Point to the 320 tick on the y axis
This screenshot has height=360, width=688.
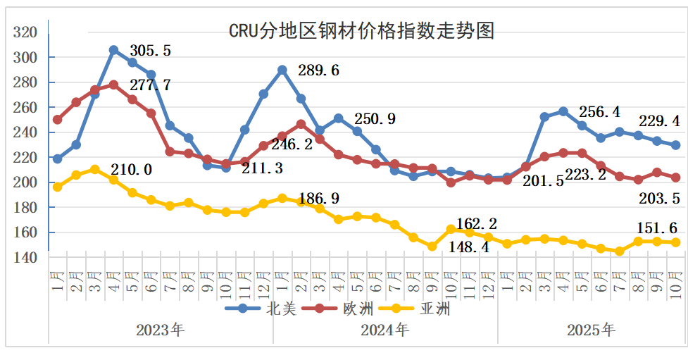tap(25, 32)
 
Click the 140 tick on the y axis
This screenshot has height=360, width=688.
tap(25, 258)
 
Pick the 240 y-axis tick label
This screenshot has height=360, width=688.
tap(25, 132)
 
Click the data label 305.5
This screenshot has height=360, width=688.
tap(150, 51)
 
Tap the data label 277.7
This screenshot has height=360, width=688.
tap(150, 85)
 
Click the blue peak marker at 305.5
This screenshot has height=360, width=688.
tap(114, 50)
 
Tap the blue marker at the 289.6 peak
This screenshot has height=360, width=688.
tap(282, 70)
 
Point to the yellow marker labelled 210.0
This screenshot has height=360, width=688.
tap(95, 169)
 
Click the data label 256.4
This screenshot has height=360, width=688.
tap(599, 112)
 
